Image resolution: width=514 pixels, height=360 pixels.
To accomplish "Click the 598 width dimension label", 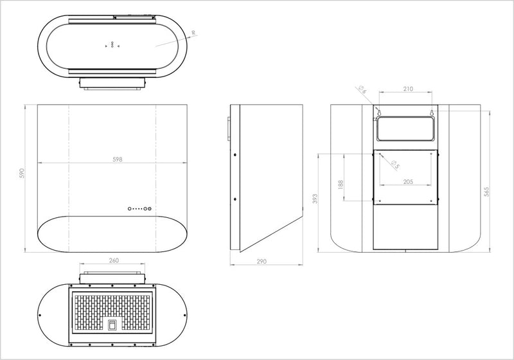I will [x=117, y=159].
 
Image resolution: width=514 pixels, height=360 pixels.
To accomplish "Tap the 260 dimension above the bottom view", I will [x=113, y=261].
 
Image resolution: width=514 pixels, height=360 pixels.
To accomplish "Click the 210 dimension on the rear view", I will [x=407, y=89].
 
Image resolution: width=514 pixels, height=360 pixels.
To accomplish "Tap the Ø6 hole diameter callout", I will [x=362, y=91].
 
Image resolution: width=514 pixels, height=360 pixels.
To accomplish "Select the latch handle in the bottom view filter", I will [x=113, y=324].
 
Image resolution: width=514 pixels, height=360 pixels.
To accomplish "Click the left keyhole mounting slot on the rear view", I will [x=378, y=113].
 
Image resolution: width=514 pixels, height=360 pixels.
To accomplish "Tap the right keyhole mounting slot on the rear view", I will [x=432, y=113].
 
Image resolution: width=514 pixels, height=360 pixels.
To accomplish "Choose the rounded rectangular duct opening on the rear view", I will [x=406, y=130].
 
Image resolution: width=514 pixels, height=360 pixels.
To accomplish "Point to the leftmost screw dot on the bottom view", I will [x=41, y=316].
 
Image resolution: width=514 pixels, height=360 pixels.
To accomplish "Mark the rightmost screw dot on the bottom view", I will [x=186, y=316].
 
